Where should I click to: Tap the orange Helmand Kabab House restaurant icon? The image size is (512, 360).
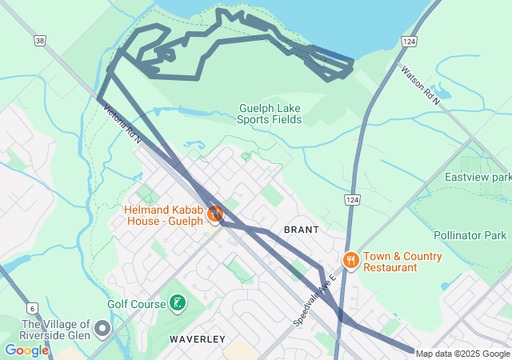(x=214, y=214)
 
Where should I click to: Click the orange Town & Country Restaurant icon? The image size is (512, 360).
(x=350, y=260)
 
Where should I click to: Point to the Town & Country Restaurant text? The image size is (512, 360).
(x=402, y=262)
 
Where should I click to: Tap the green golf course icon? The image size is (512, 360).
(x=176, y=303)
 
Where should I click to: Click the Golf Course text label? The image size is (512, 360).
(x=136, y=304)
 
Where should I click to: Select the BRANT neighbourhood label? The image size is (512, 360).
(x=302, y=230)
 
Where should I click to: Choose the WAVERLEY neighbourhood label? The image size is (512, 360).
(x=196, y=339)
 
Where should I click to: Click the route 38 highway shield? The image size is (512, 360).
(x=41, y=40)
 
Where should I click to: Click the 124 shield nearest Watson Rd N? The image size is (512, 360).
(x=409, y=41)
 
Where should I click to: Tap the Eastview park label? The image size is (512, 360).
(x=478, y=177)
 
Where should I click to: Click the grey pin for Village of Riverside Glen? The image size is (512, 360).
(x=102, y=328)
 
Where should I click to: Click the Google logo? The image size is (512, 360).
(x=26, y=350)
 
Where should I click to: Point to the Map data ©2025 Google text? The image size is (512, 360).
(x=462, y=354)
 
